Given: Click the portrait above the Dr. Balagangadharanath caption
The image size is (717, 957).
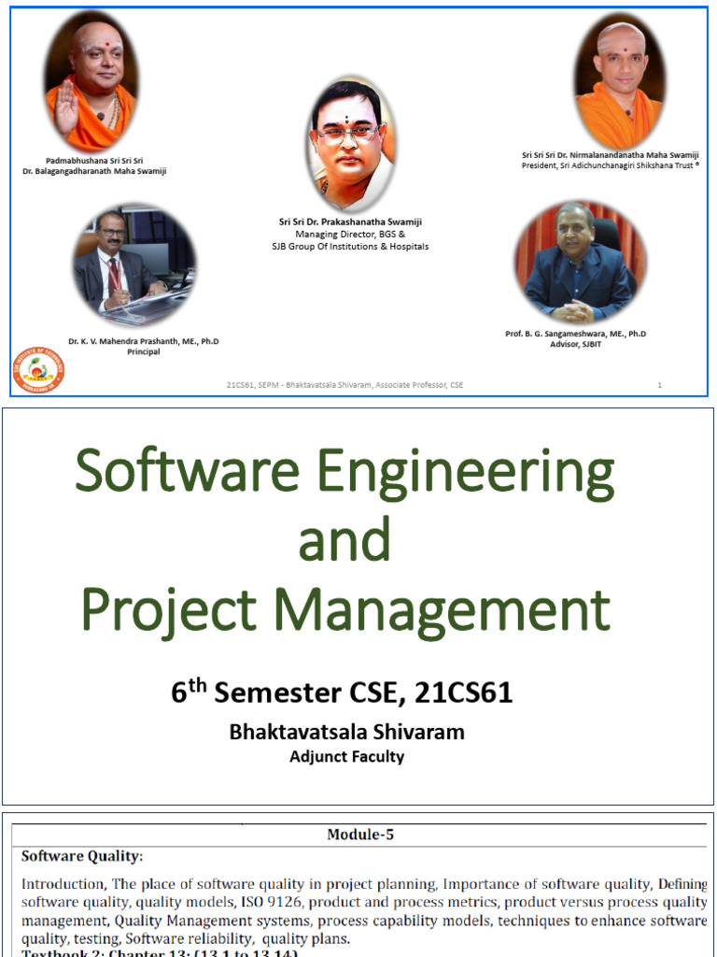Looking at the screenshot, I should [x=91, y=82].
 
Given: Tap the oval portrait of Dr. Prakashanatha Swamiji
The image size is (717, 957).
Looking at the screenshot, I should [x=349, y=144].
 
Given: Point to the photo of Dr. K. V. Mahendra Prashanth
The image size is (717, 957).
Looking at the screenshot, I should [x=134, y=265].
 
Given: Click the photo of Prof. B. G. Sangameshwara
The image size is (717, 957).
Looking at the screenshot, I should [x=579, y=262].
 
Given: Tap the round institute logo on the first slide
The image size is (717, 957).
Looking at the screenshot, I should [x=38, y=369].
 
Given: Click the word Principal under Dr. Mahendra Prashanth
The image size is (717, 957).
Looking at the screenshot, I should [x=143, y=352].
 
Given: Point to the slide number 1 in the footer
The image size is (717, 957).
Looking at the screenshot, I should [x=660, y=385].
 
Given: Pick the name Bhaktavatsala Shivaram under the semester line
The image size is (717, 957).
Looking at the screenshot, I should [x=346, y=732].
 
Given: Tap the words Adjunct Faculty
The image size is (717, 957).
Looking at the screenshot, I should [x=346, y=756].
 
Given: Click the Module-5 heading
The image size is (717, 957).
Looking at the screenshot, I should [x=360, y=835].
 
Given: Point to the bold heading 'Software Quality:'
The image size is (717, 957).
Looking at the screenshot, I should [x=82, y=855].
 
